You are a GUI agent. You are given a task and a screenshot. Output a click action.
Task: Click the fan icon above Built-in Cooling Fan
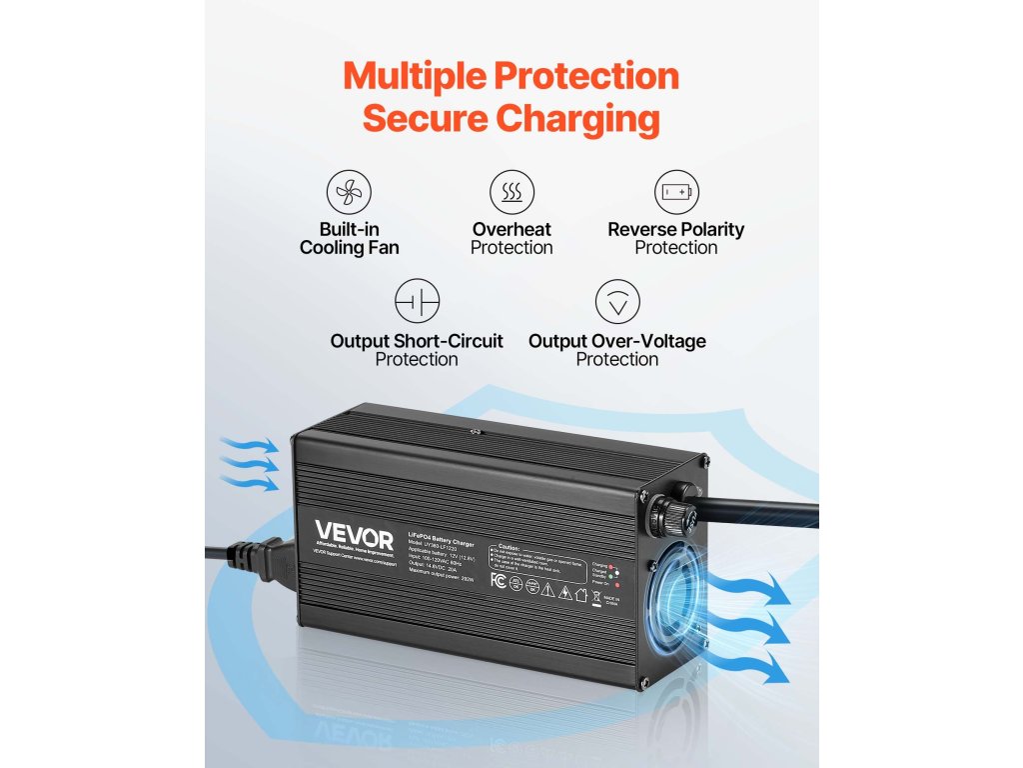point(349,190)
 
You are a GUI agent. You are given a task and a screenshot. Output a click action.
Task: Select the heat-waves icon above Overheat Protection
point(511,190)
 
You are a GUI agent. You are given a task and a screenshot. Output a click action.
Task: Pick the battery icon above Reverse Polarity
point(676,190)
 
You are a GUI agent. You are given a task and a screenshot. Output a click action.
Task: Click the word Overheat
point(511,229)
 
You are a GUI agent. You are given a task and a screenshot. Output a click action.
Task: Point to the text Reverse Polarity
point(676,229)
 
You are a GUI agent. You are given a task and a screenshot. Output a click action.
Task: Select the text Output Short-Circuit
point(417,341)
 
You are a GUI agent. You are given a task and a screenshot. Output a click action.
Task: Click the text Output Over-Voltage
point(616,341)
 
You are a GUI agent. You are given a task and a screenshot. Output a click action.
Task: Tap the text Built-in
point(349,229)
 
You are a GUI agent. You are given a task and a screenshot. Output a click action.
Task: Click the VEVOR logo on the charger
point(355,529)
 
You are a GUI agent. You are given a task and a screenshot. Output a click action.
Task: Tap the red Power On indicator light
point(618,583)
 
